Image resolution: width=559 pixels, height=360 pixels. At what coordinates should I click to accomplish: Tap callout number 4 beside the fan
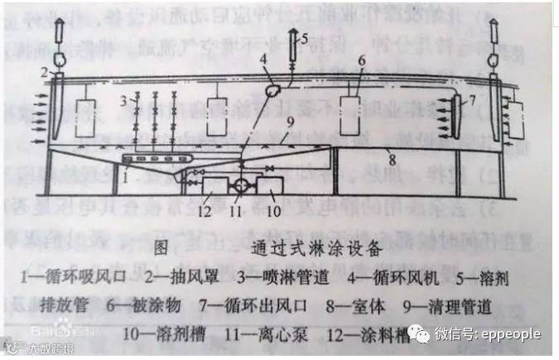click(263, 59)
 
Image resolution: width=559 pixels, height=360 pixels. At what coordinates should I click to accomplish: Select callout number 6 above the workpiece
click(361, 60)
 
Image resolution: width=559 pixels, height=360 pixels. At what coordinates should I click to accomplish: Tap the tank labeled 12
click(214, 189)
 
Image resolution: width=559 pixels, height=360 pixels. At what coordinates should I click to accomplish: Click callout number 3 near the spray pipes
click(121, 101)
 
